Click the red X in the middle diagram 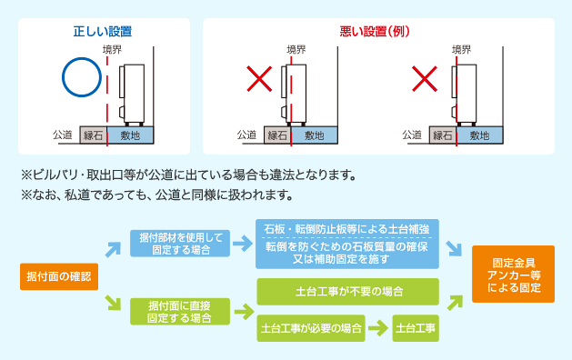tap(260, 80)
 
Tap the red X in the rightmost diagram tap(425, 80)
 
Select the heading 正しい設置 tap(104, 31)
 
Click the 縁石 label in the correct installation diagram tap(93, 135)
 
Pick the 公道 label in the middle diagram tap(246, 135)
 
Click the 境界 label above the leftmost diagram tap(112, 50)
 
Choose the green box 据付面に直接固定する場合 tap(180, 311)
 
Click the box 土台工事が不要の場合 tap(348, 293)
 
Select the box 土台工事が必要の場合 tap(311, 328)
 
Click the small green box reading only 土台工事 tap(416, 328)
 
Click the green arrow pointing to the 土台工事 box tap(378, 328)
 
